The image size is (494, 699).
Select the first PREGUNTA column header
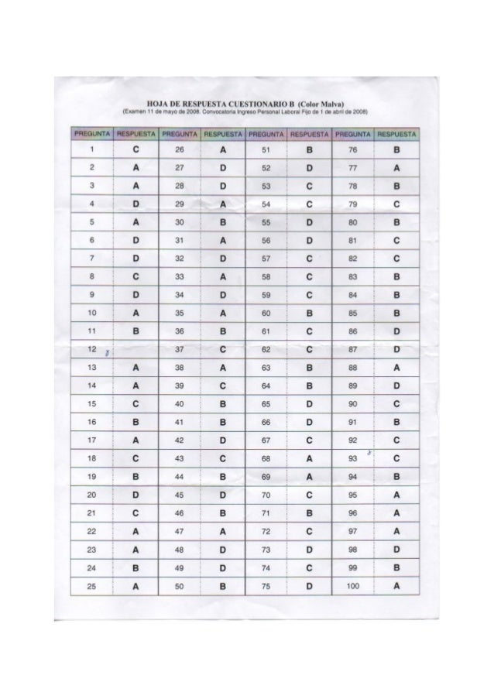tap(91, 133)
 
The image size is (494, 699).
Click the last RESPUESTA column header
tap(396, 133)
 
